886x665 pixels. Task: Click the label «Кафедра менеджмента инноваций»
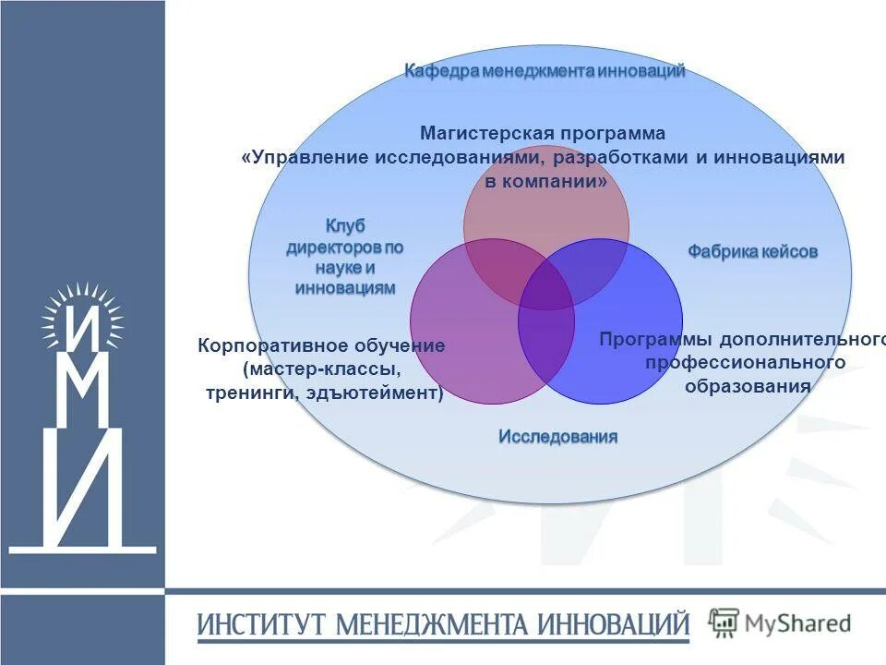[545, 72]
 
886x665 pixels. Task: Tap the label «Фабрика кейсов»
[752, 251]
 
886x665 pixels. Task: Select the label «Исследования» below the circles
[558, 436]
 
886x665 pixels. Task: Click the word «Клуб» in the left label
[345, 226]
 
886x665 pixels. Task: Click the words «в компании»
[545, 182]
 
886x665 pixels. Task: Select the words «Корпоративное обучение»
[321, 346]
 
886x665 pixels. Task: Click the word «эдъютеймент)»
[387, 394]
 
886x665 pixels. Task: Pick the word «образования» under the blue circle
[748, 386]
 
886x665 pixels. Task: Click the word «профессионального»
[745, 363]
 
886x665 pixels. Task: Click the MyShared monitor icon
[724, 623]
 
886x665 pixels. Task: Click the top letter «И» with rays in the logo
[81, 329]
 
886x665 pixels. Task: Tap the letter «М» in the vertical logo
[81, 393]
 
